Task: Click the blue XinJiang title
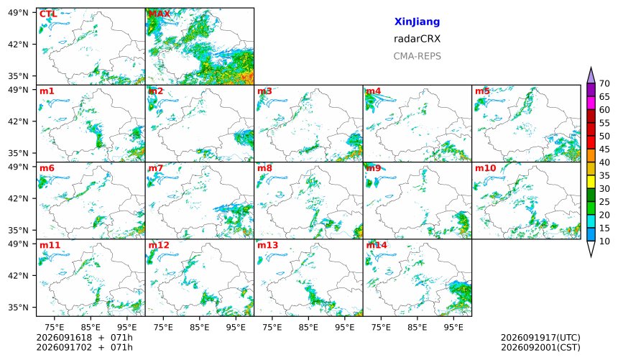click(417, 22)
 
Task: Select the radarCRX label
click(417, 39)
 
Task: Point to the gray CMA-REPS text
click(417, 56)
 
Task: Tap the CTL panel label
click(48, 14)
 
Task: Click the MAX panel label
click(159, 14)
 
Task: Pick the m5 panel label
click(482, 91)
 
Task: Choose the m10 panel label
click(485, 168)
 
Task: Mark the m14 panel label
click(377, 245)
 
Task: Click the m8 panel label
click(264, 168)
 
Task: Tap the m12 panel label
click(158, 245)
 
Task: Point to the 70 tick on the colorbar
click(604, 83)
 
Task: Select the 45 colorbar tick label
click(604, 149)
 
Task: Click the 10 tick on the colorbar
click(604, 241)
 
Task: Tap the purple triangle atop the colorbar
click(591, 76)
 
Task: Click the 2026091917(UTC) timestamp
click(540, 338)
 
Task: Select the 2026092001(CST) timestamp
click(540, 347)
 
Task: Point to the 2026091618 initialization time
click(64, 338)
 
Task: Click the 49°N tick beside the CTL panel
click(18, 13)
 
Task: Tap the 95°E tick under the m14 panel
click(453, 327)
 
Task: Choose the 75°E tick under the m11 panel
click(55, 327)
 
